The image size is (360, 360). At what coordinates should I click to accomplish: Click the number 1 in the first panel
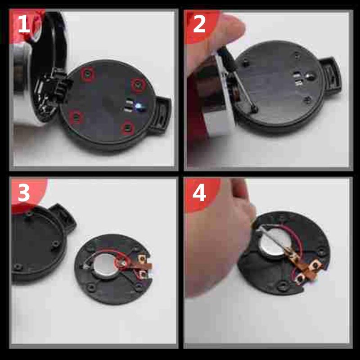[23, 25]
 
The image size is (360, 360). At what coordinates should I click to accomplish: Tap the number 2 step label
[199, 25]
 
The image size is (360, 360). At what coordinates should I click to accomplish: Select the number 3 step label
[23, 193]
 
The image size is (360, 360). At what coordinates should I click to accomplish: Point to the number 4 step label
[199, 193]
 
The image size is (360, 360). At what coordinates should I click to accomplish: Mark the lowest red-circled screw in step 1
[127, 128]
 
